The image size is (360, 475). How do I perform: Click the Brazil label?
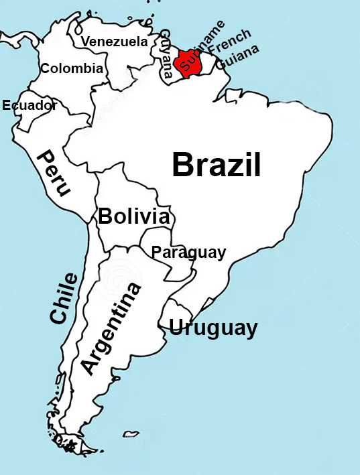(x=216, y=164)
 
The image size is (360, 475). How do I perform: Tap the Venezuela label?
(x=114, y=42)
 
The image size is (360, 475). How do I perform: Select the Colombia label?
(x=72, y=68)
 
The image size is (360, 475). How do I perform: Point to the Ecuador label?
(x=29, y=105)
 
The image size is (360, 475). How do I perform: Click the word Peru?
(x=54, y=173)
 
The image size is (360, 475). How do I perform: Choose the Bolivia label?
(x=133, y=216)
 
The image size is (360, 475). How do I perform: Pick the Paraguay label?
(x=188, y=253)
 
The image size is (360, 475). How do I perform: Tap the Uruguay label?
(x=213, y=328)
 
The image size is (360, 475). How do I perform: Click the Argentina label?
(x=111, y=328)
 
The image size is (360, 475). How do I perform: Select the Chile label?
(x=64, y=298)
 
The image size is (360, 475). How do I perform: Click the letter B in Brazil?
(x=182, y=165)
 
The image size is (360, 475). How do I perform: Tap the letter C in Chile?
(x=58, y=316)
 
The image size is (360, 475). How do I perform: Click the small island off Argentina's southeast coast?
(x=131, y=433)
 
